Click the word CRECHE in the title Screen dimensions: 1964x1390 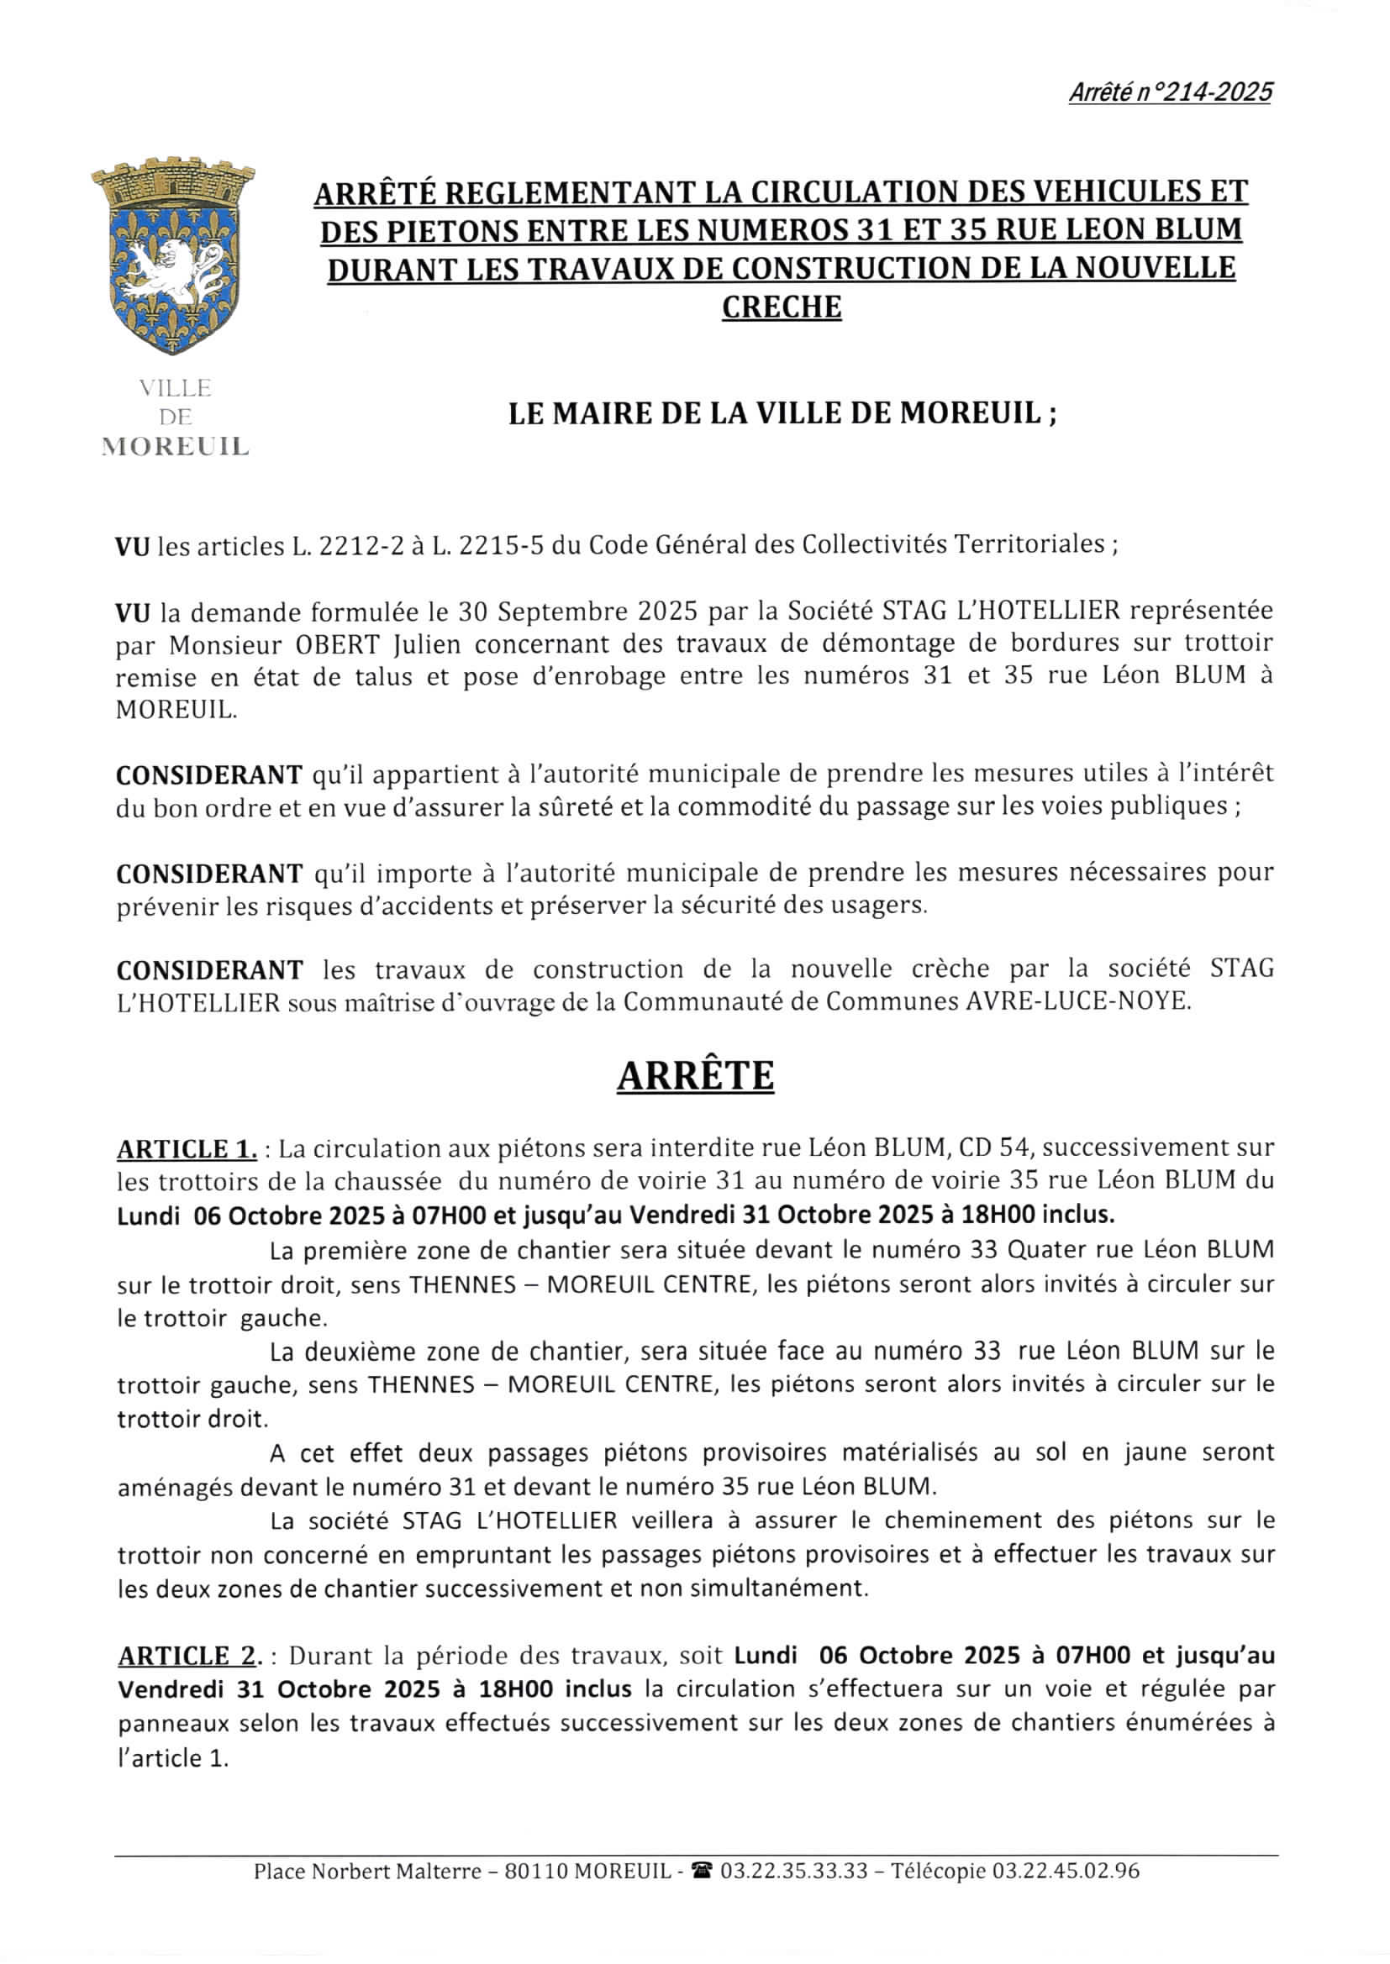(781, 307)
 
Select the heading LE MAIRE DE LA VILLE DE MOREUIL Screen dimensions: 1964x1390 (782, 414)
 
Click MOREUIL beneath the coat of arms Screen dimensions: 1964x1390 (175, 448)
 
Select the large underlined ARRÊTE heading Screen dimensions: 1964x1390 (695, 1075)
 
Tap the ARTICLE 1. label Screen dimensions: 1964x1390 (187, 1149)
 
